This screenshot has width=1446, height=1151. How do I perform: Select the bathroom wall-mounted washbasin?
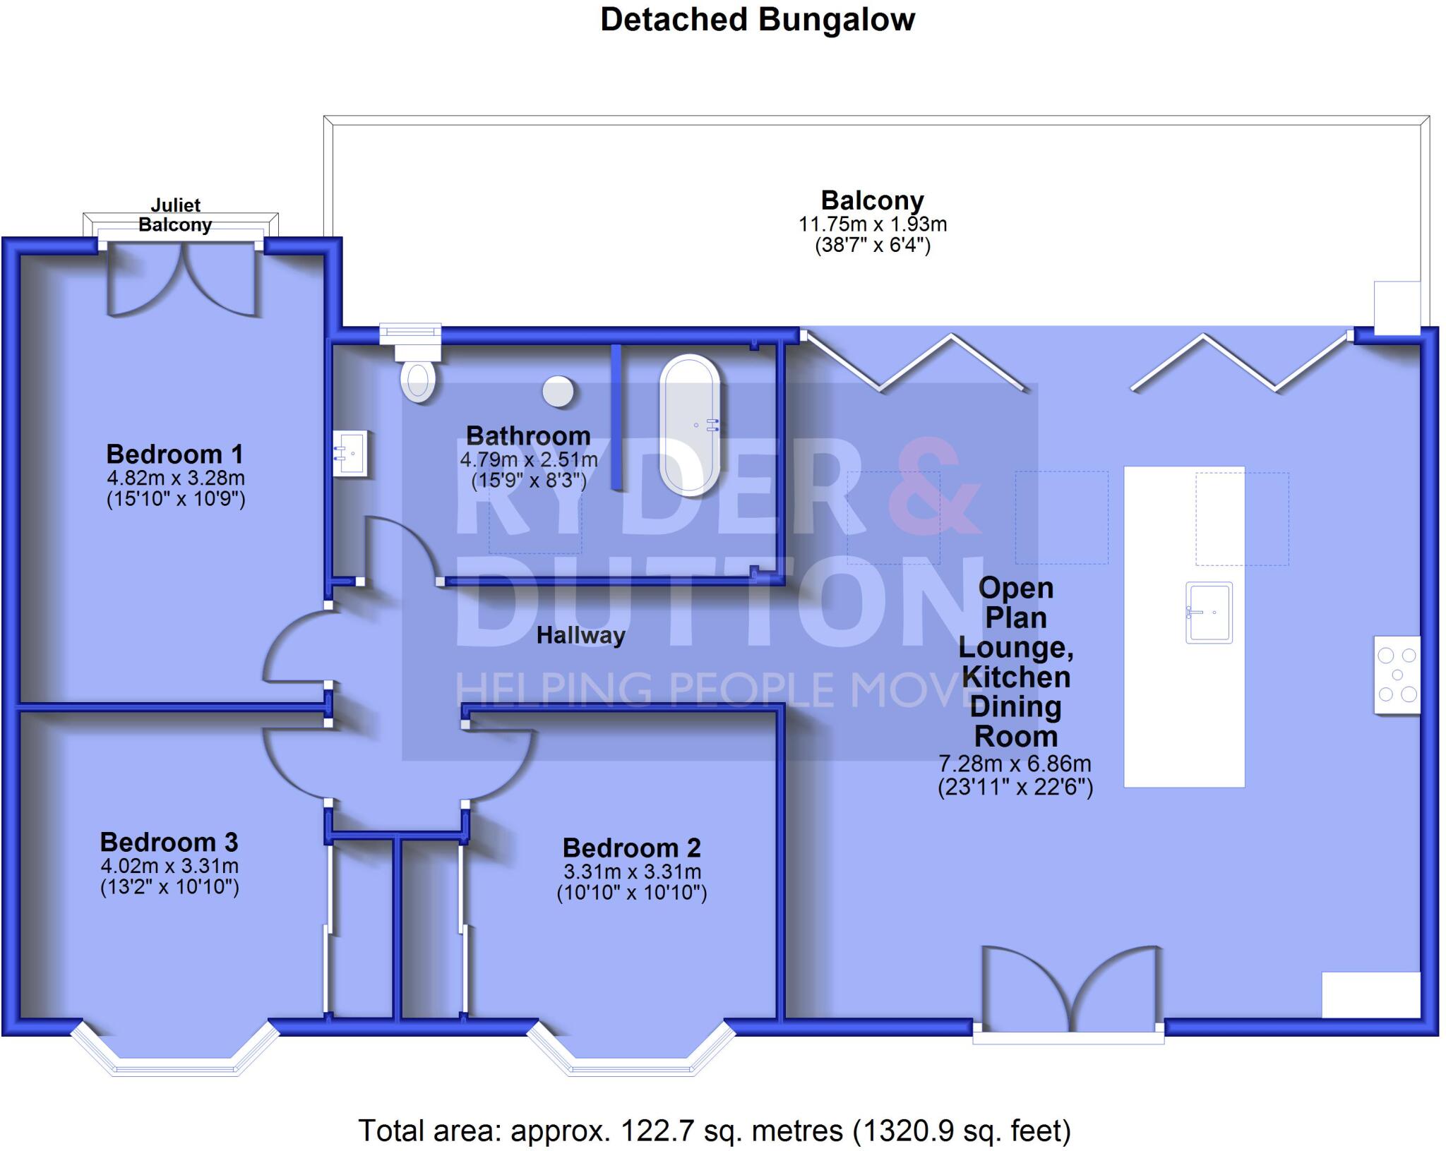[350, 454]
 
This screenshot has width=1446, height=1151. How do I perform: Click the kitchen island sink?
[1209, 612]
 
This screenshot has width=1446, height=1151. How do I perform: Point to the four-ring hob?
[1397, 675]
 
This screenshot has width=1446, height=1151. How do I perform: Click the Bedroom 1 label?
[175, 454]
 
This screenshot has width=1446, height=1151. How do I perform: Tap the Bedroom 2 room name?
[631, 848]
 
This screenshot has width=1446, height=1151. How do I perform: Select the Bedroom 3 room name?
[169, 842]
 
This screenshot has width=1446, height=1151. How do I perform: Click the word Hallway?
[580, 636]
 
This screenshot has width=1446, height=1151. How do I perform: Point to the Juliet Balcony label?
[175, 215]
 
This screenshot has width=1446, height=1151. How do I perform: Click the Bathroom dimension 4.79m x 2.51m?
[529, 460]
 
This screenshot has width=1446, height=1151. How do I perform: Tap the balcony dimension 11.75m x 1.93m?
[873, 224]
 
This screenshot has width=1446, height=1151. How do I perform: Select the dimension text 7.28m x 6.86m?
[1015, 764]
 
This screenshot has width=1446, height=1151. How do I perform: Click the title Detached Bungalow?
[758, 20]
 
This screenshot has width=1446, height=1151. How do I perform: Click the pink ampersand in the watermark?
[934, 487]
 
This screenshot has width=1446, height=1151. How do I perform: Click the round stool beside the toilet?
[558, 391]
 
